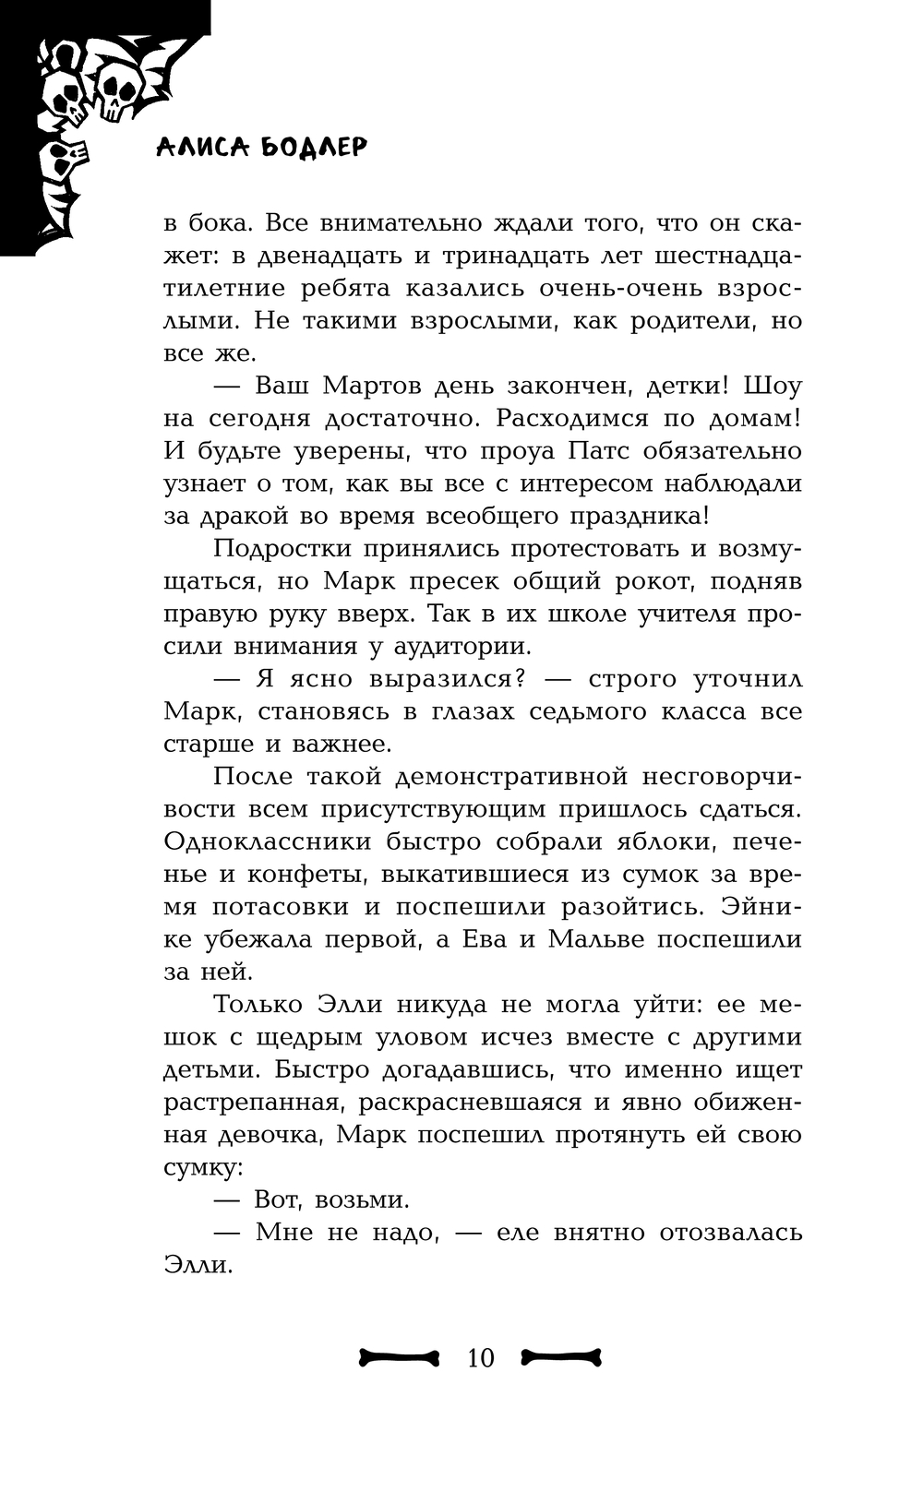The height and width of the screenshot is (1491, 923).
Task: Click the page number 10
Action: pyautogui.click(x=481, y=1358)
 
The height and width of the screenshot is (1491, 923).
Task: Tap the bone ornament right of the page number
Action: pyautogui.click(x=561, y=1356)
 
